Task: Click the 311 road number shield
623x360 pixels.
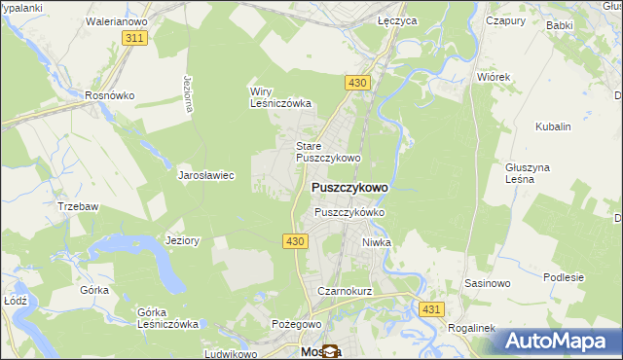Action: pos(135,37)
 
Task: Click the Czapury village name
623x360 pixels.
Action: pos(505,19)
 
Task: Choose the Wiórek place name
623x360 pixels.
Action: pos(494,76)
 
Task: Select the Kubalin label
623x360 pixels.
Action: pos(553,126)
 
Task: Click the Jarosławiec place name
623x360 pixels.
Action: pos(205,176)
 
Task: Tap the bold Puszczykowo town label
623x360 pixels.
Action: pos(349,187)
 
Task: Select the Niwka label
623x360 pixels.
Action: pos(377,242)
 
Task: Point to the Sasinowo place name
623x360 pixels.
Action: pos(488,283)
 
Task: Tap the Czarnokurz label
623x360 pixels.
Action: pos(340,291)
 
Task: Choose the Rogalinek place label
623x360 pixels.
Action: pos(472,328)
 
